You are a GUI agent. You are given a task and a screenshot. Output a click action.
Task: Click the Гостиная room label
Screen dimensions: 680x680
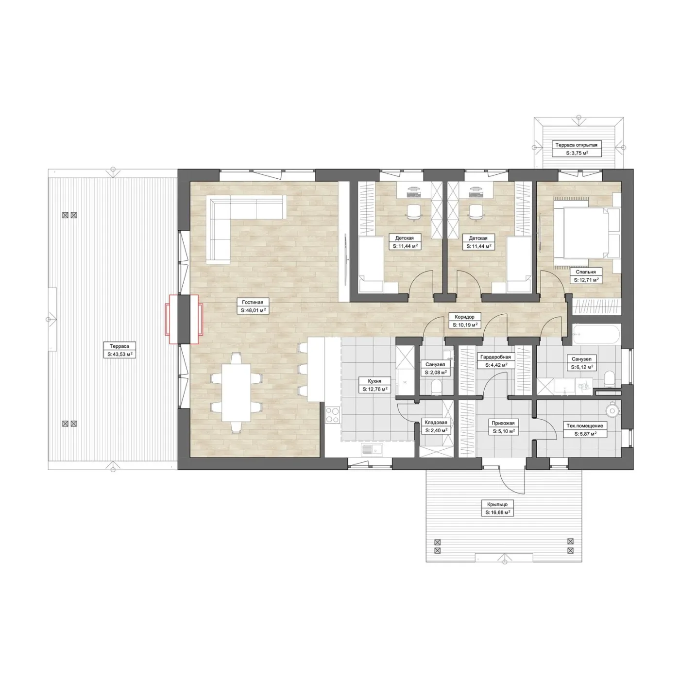pos(252,303)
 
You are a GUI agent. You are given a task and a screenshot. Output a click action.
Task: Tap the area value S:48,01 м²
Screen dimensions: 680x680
pos(253,310)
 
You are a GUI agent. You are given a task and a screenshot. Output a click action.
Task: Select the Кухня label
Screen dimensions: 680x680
pos(374,381)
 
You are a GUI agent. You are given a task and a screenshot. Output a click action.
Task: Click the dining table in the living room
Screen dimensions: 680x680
pos(236,391)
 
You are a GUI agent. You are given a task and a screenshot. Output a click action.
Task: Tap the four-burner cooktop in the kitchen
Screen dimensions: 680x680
pos(332,415)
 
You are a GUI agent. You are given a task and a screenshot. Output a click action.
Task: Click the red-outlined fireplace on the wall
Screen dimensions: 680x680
pos(184,319)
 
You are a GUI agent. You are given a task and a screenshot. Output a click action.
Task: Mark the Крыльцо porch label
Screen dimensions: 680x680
pos(497,504)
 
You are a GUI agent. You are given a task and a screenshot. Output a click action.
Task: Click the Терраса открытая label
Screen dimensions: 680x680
pos(576,145)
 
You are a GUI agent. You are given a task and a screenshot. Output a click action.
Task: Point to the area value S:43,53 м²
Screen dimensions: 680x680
pos(119,354)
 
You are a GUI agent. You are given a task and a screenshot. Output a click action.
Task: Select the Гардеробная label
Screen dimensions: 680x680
pos(495,357)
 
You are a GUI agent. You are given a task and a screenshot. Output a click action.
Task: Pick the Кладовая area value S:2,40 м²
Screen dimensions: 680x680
pos(436,430)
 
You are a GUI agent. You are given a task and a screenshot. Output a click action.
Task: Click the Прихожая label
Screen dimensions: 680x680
pos(503,423)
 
